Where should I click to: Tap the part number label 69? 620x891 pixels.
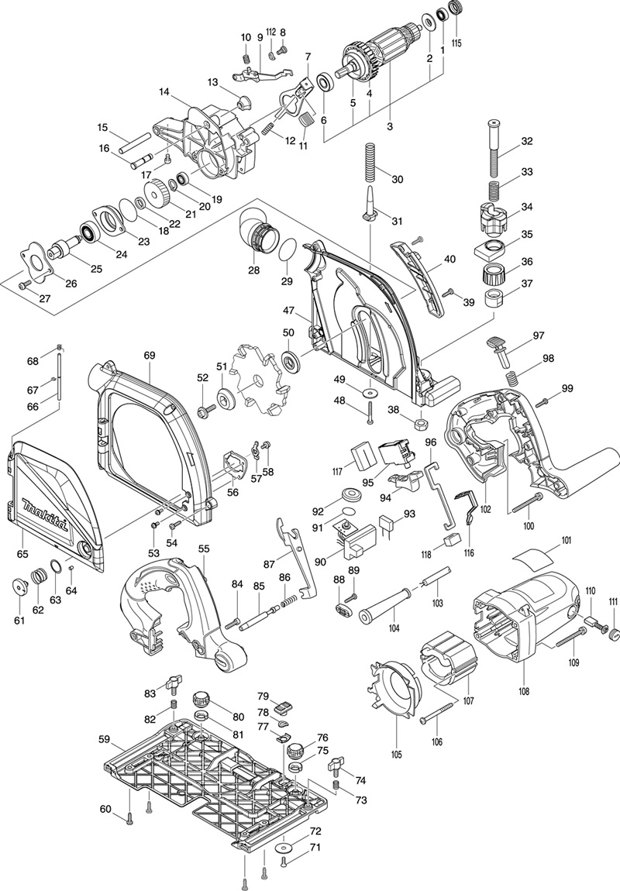(150, 355)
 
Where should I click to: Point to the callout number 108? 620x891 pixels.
(524, 692)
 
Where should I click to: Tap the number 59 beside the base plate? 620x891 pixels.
(105, 740)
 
